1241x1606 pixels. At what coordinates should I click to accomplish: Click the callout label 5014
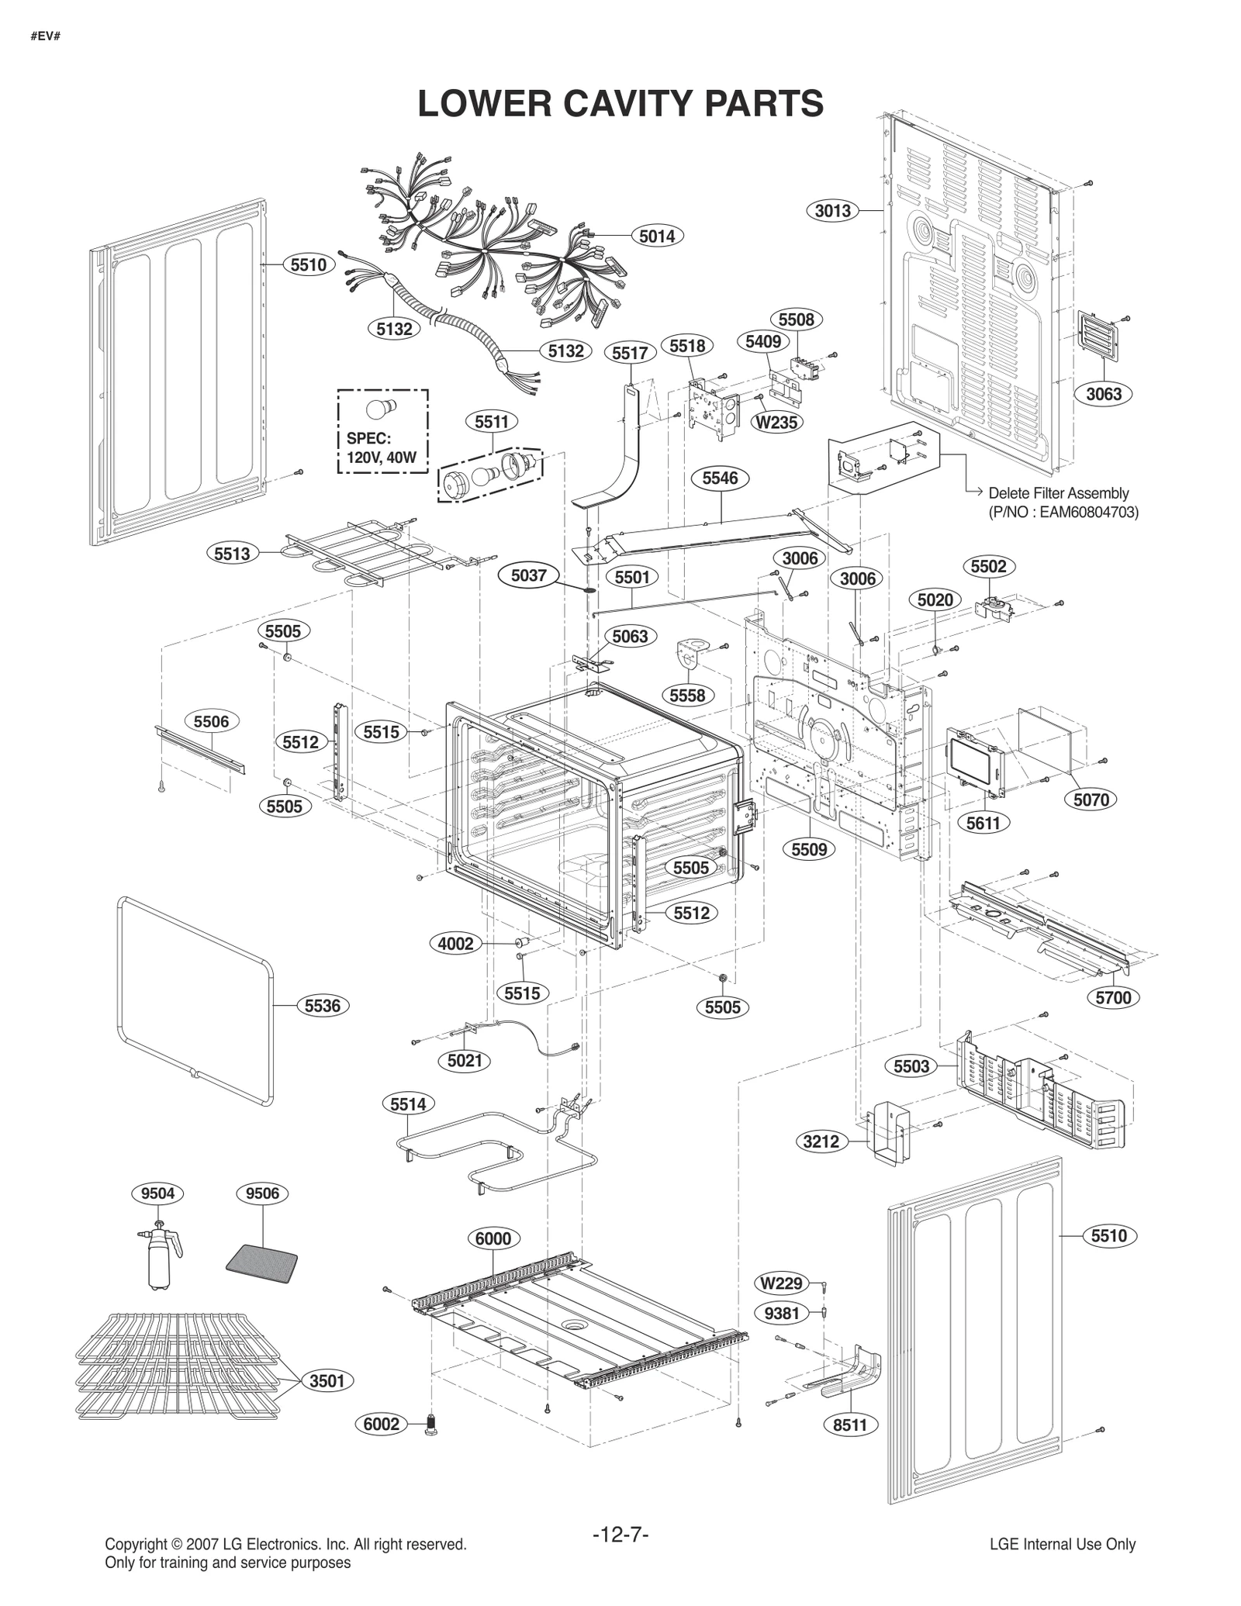(656, 236)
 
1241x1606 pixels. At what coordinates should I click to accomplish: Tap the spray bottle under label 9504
(161, 1260)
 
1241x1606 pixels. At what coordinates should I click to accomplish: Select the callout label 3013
(833, 210)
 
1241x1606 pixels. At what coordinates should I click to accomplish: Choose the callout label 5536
(322, 1006)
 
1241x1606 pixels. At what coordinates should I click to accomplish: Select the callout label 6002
(382, 1424)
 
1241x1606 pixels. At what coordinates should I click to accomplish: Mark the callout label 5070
(1091, 800)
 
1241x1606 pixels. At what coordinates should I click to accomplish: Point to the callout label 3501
(327, 1381)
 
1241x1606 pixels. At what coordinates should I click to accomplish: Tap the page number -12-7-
(620, 1535)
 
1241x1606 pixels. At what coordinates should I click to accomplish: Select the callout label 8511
(849, 1425)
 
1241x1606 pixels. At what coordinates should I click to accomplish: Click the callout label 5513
(232, 553)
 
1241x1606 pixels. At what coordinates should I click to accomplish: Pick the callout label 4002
(455, 944)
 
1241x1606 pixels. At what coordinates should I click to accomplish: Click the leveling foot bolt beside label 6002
(431, 1425)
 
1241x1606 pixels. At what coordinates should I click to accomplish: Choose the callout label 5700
(1113, 998)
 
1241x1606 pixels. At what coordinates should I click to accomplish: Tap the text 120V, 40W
(382, 458)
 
